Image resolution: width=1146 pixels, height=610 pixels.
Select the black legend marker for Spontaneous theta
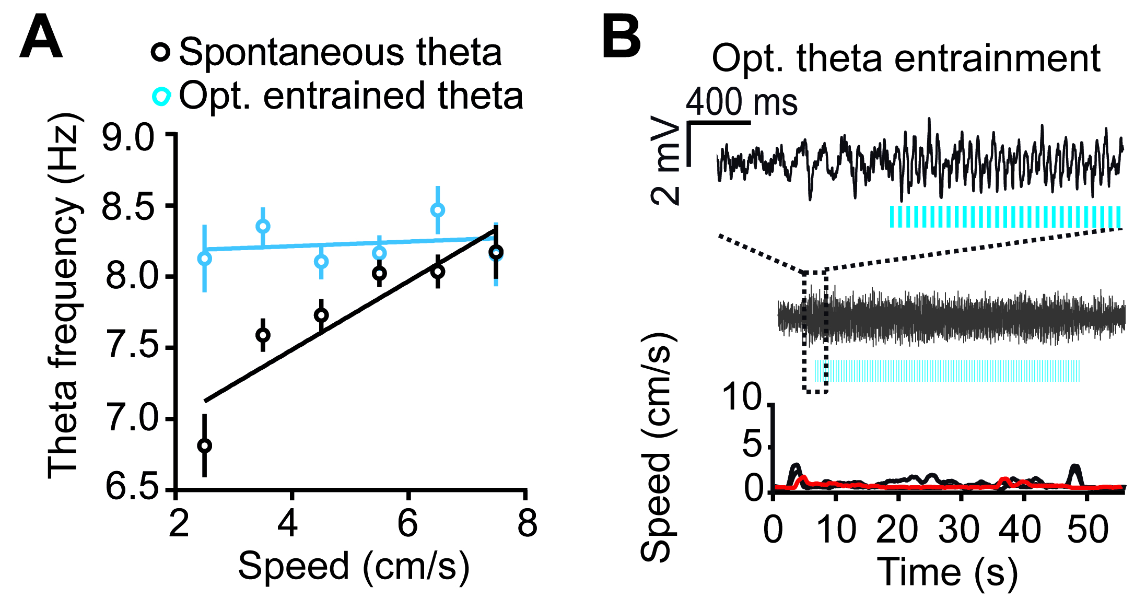coord(161,52)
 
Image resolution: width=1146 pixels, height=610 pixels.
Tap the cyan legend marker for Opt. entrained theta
coord(161,97)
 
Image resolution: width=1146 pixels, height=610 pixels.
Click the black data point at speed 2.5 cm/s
coord(205,445)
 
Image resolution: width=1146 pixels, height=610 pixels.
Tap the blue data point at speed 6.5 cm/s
coord(438,210)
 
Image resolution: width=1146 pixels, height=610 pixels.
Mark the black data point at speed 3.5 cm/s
coord(263,335)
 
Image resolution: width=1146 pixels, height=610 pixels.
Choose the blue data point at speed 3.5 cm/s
coord(263,226)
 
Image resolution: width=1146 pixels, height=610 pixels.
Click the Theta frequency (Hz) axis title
coord(64,296)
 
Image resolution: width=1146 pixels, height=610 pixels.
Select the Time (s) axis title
coord(948,572)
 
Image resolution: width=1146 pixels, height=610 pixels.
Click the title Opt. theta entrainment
coord(906,58)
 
